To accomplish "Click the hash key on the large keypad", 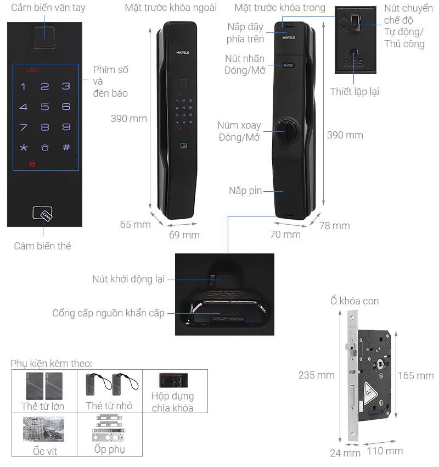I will [x=66, y=147].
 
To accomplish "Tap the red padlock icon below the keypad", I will [x=32, y=164].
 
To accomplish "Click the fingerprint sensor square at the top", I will [x=45, y=37].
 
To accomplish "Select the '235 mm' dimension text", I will [x=316, y=375].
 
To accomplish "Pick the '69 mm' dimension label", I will [x=184, y=235].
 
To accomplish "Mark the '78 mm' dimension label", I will [x=334, y=225].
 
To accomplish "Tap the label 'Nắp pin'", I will [x=245, y=191].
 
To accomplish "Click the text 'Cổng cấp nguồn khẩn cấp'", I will [x=108, y=313].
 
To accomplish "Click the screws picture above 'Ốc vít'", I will [x=44, y=429].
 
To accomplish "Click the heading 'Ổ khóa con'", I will [x=354, y=301].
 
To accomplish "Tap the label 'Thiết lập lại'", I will [x=354, y=92].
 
